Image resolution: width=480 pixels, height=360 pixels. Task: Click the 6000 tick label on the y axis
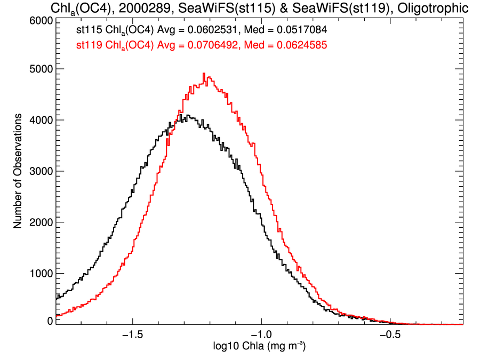click(x=41, y=20)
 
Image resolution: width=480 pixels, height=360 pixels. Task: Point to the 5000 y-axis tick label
click(x=41, y=69)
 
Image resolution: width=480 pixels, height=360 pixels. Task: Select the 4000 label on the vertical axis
click(x=41, y=120)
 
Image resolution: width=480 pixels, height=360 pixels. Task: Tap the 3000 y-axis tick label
click(x=41, y=171)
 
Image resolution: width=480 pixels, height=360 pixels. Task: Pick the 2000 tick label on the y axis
click(x=41, y=222)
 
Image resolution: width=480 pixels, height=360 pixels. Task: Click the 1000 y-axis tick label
click(x=41, y=274)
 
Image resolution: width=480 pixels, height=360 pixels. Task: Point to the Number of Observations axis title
click(x=18, y=171)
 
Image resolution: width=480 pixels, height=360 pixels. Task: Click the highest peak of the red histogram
click(x=204, y=74)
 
